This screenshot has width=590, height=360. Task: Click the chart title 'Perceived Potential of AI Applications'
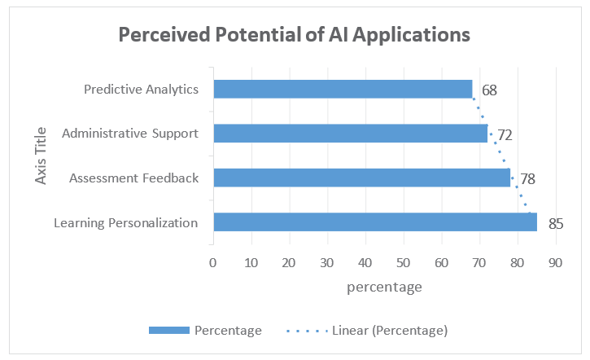point(294,35)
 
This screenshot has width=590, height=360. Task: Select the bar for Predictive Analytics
point(342,89)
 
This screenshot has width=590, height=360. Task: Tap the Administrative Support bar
point(350,133)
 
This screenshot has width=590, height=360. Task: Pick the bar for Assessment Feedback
point(361,178)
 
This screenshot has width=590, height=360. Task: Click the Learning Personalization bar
point(374,222)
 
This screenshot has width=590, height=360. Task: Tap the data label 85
point(556,223)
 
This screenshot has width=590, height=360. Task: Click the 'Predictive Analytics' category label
point(141,89)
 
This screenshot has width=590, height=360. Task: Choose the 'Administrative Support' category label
point(130,133)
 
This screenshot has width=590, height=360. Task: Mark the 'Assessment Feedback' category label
point(134,178)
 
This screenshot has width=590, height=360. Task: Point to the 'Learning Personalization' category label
point(126,222)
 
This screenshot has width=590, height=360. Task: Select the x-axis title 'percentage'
point(384,287)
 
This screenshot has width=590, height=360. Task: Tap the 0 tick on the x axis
point(212,262)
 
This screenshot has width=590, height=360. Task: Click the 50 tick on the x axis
point(403,262)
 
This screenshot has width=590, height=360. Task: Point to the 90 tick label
point(555,262)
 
